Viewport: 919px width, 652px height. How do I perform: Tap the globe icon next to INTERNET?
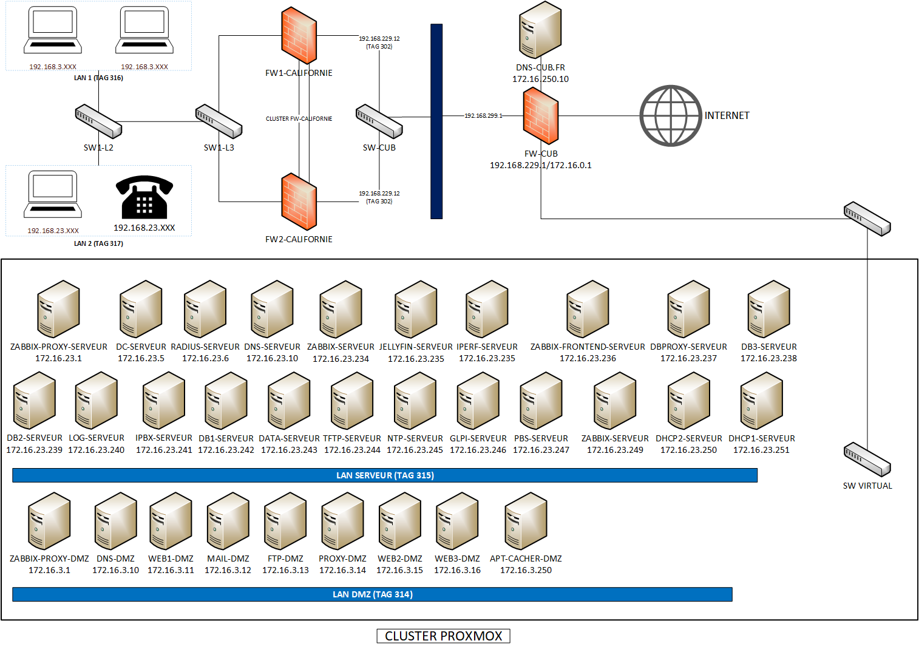tap(671, 115)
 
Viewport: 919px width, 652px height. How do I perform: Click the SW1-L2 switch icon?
tap(98, 121)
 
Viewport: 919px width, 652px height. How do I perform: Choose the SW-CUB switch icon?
tap(379, 121)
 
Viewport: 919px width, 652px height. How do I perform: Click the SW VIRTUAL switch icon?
tap(867, 460)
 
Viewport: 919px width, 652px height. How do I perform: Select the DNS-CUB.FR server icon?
tap(540, 30)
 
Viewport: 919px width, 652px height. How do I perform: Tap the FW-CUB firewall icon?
tap(540, 115)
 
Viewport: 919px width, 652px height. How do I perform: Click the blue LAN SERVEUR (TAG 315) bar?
tap(385, 475)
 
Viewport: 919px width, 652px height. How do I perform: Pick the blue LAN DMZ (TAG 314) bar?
tap(372, 594)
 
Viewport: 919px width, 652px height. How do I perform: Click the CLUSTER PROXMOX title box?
tap(443, 636)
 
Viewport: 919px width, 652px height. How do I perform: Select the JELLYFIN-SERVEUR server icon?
tap(416, 309)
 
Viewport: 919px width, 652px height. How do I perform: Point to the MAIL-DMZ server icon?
tap(228, 521)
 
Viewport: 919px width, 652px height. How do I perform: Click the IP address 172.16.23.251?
tap(761, 450)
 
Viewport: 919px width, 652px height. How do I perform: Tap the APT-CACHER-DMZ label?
tap(526, 559)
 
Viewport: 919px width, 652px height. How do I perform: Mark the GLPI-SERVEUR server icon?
tap(478, 401)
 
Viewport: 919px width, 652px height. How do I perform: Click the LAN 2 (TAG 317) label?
tap(98, 243)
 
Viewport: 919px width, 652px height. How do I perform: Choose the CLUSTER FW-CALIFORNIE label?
tap(299, 119)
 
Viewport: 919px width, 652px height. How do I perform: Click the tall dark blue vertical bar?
tap(436, 121)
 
